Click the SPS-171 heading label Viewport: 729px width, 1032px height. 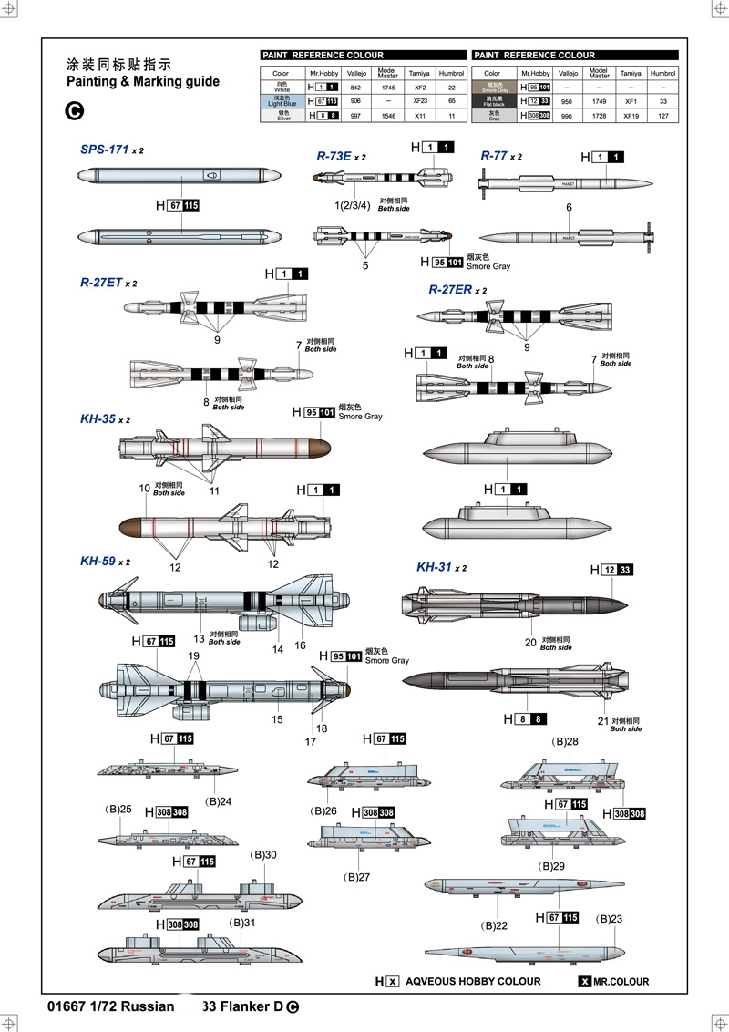click(105, 148)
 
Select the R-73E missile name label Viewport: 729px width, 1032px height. click(334, 157)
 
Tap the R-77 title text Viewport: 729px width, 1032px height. click(493, 156)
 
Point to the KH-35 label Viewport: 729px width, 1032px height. click(98, 419)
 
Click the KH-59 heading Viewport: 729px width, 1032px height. click(98, 562)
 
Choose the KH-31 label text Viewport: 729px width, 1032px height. click(434, 567)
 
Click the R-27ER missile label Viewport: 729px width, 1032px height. click(450, 290)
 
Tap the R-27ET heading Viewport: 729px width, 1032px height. click(100, 284)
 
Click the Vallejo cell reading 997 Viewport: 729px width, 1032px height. click(355, 116)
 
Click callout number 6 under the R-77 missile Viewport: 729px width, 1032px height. click(569, 208)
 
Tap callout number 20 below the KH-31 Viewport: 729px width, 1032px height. click(531, 642)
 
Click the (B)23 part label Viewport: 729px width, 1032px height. click(610, 919)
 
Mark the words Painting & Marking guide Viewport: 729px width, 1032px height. click(143, 81)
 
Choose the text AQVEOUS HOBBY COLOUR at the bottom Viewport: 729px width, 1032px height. click(473, 982)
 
